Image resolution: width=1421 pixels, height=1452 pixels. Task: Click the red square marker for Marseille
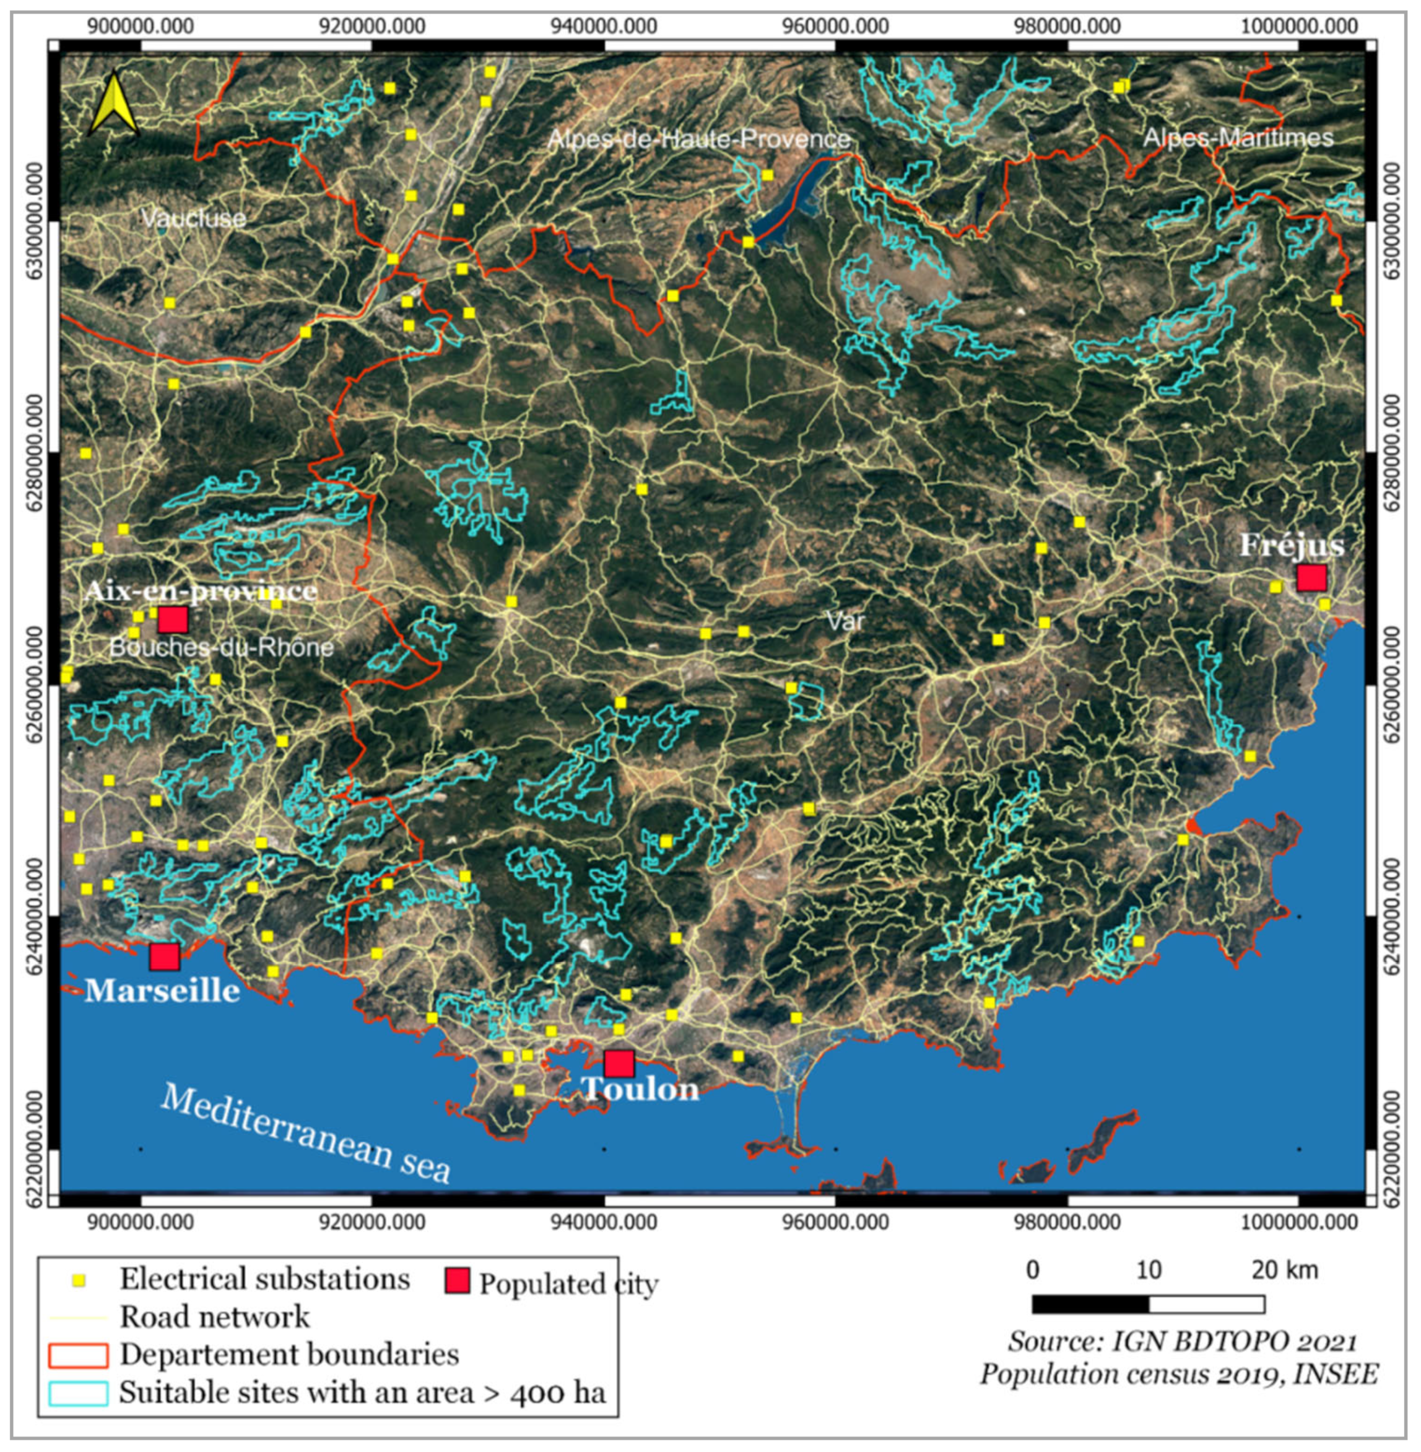164,957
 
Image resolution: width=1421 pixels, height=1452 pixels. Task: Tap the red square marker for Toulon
619,1063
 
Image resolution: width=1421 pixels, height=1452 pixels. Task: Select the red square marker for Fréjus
1311,578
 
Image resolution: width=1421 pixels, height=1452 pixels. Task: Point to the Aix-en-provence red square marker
172,619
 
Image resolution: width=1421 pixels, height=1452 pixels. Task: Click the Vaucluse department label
193,219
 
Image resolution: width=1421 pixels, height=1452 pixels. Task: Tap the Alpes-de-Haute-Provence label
699,139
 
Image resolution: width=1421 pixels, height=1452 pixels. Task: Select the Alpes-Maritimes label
1238,138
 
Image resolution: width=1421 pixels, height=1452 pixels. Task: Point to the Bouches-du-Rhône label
221,647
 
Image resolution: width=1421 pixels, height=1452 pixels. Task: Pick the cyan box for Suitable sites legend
77,1394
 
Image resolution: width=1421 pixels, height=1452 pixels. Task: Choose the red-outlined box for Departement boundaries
77,1355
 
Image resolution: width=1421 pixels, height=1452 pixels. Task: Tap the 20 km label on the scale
1284,1269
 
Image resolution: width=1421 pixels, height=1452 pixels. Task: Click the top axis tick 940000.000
604,27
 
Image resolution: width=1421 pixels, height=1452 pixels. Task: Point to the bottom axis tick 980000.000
1067,1223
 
